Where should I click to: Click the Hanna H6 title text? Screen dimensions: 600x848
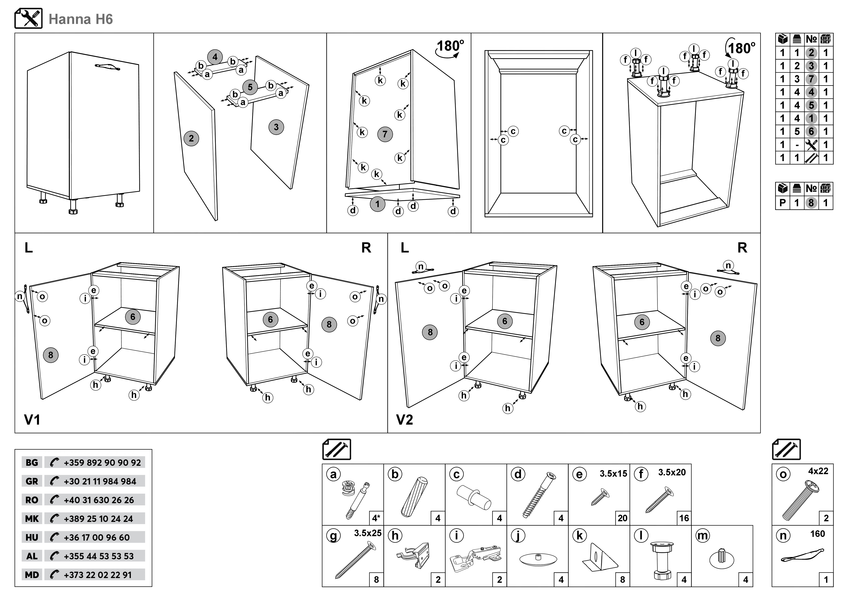tap(81, 19)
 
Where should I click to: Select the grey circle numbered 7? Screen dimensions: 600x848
tap(385, 134)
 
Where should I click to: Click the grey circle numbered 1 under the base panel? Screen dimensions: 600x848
tap(377, 204)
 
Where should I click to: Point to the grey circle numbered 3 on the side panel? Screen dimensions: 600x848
tap(276, 127)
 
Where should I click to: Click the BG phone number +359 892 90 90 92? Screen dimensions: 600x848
tap(102, 462)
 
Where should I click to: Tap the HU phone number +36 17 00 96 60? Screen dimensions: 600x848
tap(97, 538)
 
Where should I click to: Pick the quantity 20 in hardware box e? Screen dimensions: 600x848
tap(622, 518)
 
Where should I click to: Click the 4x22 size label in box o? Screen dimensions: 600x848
tap(818, 471)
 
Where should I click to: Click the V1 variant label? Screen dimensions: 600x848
tap(32, 420)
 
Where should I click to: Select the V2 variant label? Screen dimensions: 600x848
tap(405, 420)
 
